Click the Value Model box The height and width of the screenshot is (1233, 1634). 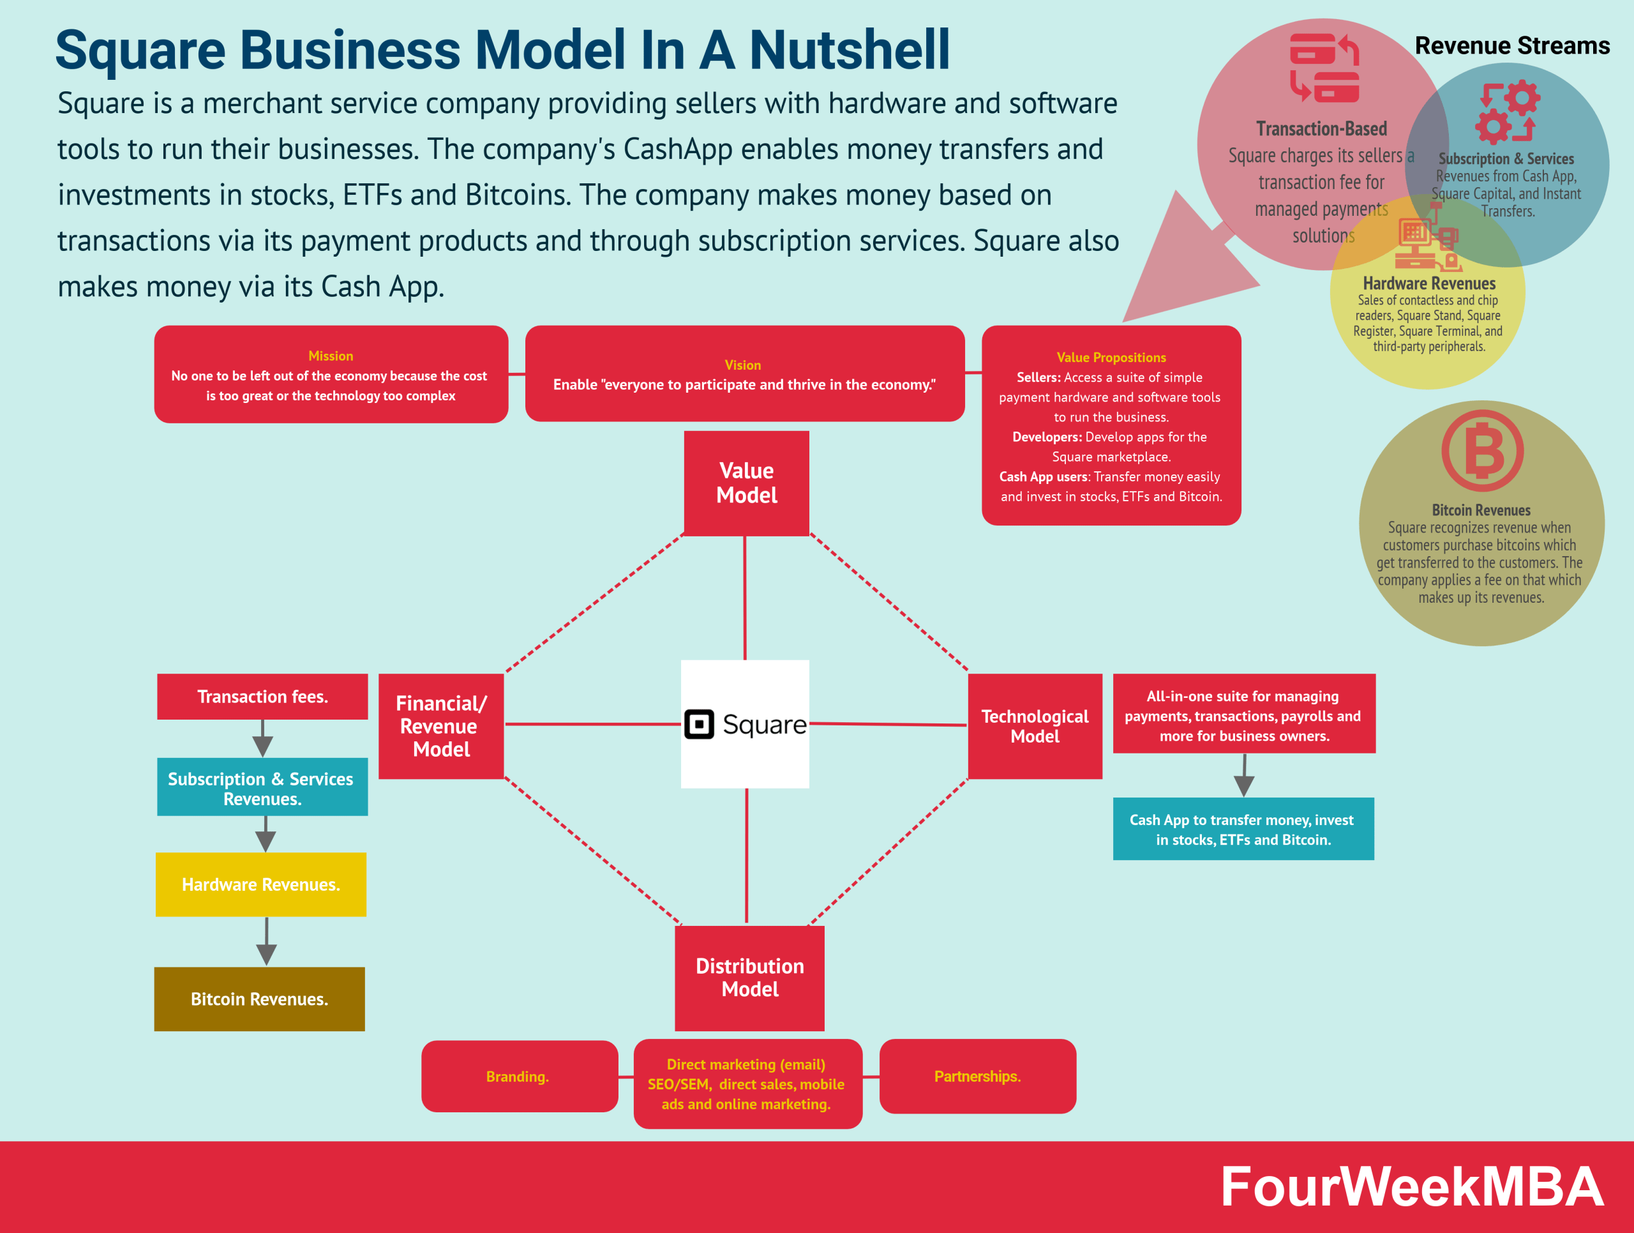click(x=746, y=483)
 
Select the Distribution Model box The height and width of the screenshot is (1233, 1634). click(x=749, y=978)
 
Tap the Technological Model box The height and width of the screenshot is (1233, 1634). click(x=1034, y=726)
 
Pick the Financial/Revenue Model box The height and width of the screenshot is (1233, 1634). click(x=441, y=726)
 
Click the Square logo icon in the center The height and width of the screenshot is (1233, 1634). click(x=699, y=724)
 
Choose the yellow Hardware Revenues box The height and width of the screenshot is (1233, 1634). click(x=261, y=884)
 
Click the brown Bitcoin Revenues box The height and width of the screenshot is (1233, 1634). click(x=259, y=999)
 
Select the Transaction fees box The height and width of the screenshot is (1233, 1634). click(x=262, y=697)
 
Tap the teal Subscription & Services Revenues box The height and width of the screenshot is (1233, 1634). click(x=262, y=787)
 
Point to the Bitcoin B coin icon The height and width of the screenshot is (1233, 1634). click(x=1482, y=451)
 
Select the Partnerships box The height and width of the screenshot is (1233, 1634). click(x=977, y=1077)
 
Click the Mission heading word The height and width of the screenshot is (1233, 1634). click(x=330, y=356)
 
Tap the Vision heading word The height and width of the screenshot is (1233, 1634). click(x=742, y=365)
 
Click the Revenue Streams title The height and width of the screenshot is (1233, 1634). click(x=1511, y=46)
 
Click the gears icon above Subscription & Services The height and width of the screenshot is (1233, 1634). click(x=1507, y=112)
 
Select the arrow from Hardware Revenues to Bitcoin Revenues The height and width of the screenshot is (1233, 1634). click(x=266, y=942)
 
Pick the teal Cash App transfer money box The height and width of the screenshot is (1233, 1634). click(x=1243, y=829)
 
